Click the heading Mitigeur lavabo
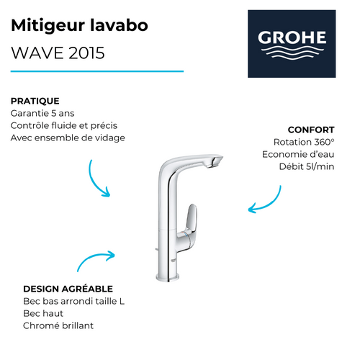(80, 26)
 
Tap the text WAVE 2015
(58, 53)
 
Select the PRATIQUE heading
(35, 101)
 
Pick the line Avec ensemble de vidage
(68, 138)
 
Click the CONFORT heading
(311, 130)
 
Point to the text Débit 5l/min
(305, 166)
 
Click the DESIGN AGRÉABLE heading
(68, 289)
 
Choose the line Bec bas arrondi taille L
(73, 301)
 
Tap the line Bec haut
(44, 313)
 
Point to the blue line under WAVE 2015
(97, 71)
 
